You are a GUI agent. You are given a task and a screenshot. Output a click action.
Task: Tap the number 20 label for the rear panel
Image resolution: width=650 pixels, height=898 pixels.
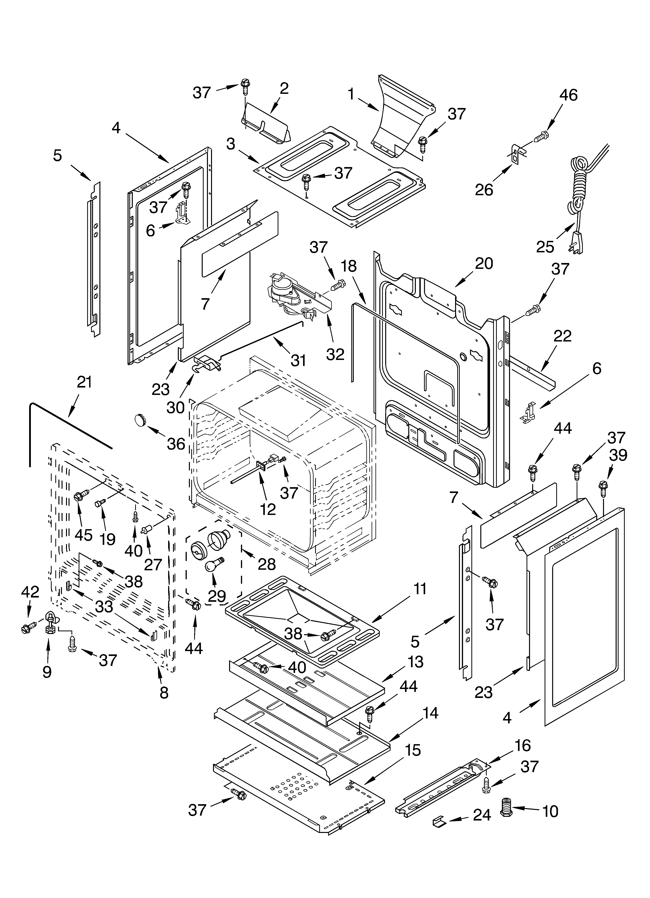[x=484, y=264]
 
